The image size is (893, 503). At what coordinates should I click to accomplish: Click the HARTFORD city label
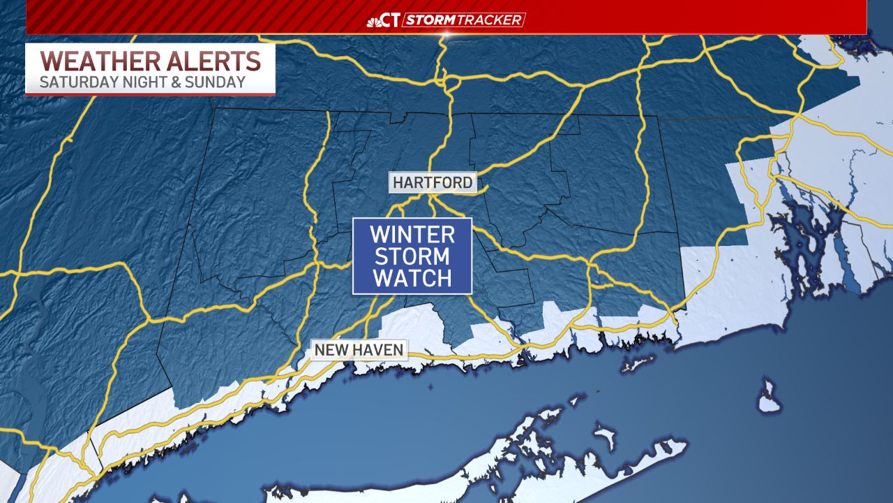[433, 183]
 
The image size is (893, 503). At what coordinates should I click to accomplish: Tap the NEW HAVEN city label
[359, 349]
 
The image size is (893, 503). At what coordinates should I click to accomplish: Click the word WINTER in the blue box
[412, 233]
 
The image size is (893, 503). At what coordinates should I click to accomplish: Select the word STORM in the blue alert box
[412, 256]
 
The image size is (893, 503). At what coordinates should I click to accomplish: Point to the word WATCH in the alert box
[412, 278]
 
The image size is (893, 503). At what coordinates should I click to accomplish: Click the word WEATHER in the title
[92, 61]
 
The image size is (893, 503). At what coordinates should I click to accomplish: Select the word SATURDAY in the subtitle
[75, 82]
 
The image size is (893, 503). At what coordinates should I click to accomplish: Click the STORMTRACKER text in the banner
[463, 20]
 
